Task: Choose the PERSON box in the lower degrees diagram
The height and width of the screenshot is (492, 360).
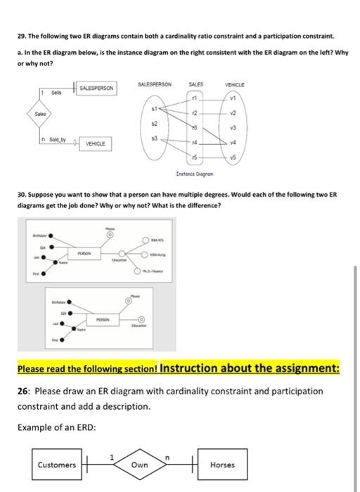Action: click(106, 318)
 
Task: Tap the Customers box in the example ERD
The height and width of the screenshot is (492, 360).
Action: click(57, 465)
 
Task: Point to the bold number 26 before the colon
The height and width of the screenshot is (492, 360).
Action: click(25, 391)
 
